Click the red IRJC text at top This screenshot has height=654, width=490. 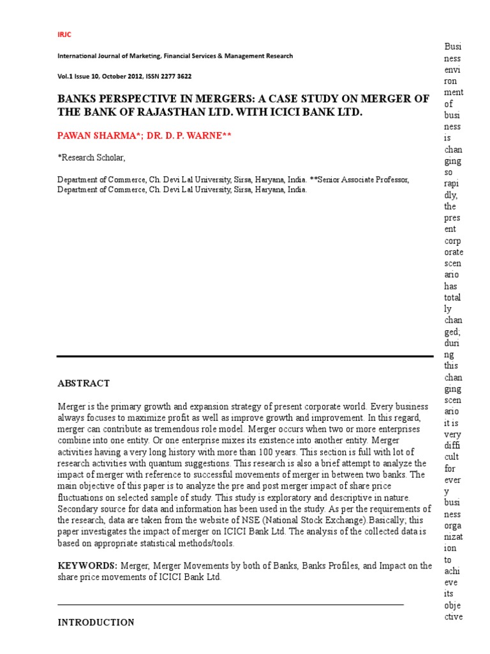click(64, 34)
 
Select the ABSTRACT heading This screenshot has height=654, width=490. click(84, 383)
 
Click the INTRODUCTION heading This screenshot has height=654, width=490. click(96, 622)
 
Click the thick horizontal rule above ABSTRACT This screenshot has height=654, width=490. click(245, 356)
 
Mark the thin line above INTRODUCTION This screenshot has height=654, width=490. click(230, 604)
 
